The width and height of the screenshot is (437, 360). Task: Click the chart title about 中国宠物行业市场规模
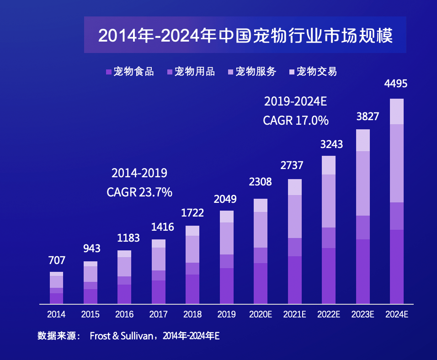point(245,35)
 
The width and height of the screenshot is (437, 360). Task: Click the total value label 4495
point(396,84)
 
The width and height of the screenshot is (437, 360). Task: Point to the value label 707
point(57,260)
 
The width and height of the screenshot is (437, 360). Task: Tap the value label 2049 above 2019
point(226,199)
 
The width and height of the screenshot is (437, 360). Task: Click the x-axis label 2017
point(159,314)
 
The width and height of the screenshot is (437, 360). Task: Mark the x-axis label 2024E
point(397,314)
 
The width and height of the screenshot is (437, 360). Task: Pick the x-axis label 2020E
point(261,314)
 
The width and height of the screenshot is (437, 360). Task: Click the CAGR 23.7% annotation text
point(139,192)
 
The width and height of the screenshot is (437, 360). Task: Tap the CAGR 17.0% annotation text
point(296,121)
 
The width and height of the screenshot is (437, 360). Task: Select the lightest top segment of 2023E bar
point(362,140)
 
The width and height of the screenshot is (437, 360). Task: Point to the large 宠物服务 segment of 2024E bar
point(397,163)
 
